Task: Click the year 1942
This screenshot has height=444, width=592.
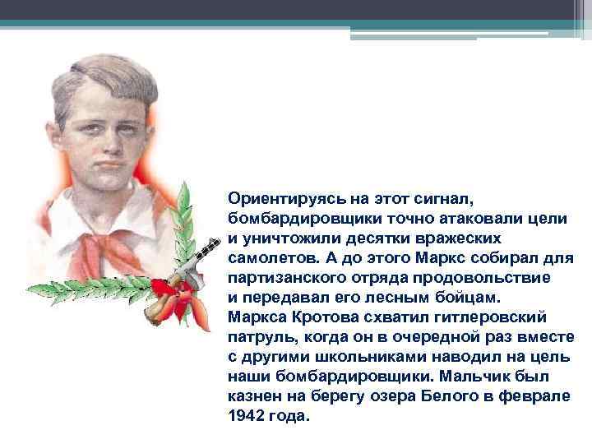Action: tap(246, 415)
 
